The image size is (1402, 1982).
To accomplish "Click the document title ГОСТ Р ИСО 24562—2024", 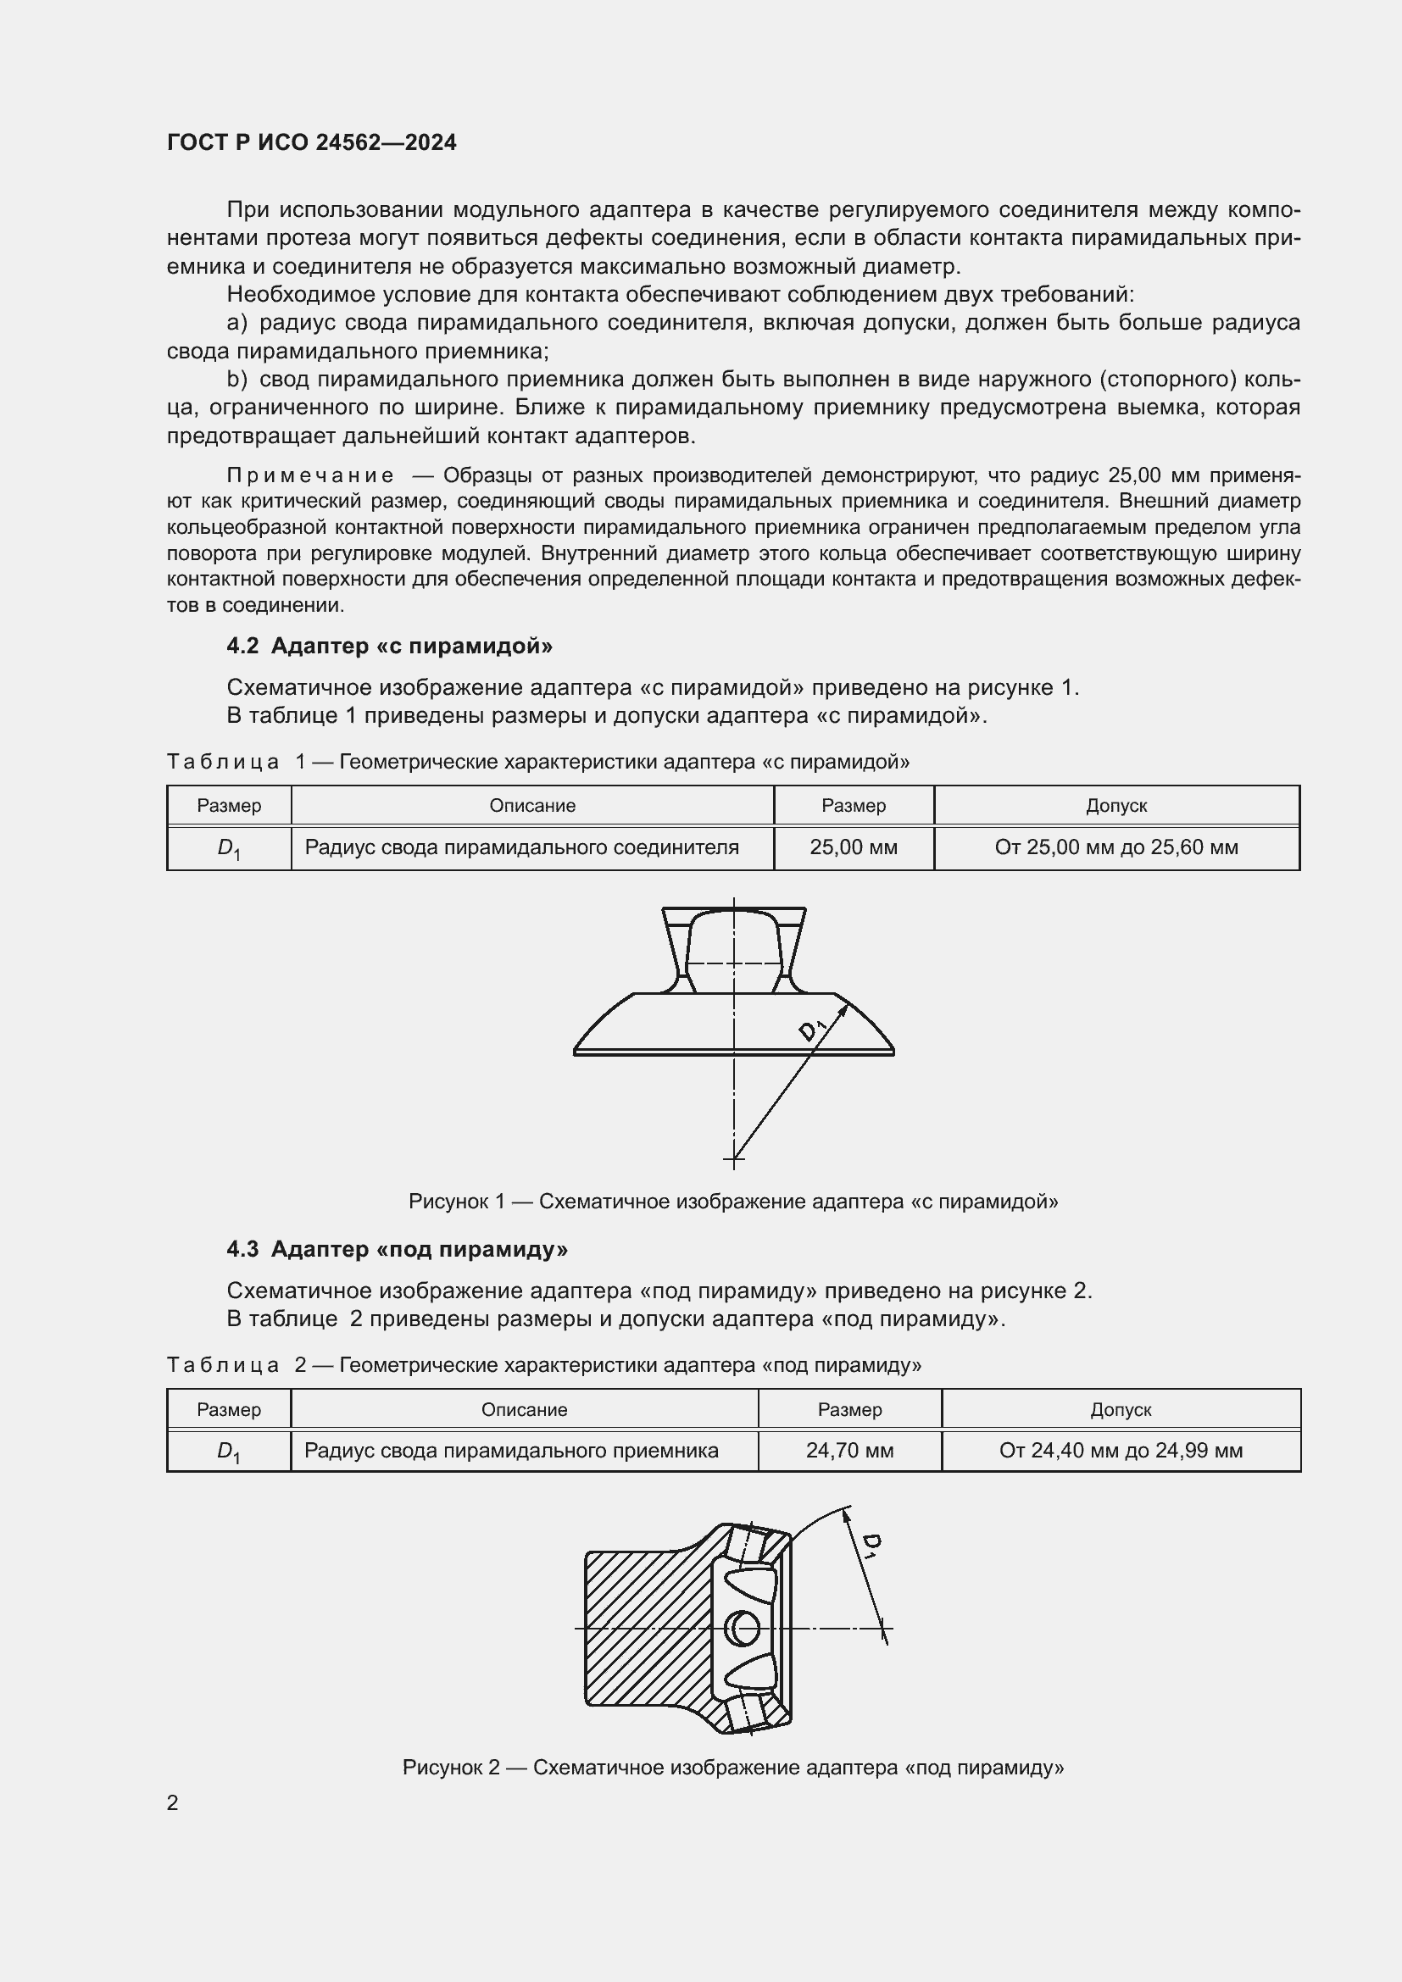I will click(x=312, y=142).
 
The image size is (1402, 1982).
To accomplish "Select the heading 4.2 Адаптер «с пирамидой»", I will click(x=389, y=646).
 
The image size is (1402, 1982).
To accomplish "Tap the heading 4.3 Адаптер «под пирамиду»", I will click(x=397, y=1249).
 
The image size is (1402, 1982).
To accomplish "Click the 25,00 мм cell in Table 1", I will click(x=853, y=847).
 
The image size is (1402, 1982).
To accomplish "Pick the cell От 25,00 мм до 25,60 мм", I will click(x=1116, y=847).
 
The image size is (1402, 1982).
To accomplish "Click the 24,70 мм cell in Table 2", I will click(x=849, y=1451).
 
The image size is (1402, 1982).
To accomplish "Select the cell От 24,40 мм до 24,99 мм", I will click(x=1121, y=1451).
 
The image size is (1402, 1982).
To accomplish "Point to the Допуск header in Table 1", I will click(x=1116, y=805).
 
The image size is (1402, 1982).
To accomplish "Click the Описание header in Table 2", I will click(x=524, y=1410).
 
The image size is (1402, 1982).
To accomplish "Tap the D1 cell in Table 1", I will click(x=229, y=848).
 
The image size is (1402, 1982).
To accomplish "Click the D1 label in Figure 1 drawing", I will click(x=812, y=1029).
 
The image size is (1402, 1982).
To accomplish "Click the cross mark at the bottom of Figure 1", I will click(x=734, y=1158).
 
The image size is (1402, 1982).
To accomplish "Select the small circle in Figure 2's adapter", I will click(x=744, y=1629).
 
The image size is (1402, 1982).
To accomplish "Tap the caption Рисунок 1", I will click(x=733, y=1202).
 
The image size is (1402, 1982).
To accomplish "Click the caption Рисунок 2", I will click(x=733, y=1767).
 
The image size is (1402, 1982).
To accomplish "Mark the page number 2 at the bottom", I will click(x=173, y=1802).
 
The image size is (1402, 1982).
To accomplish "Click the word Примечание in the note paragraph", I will click(x=311, y=475).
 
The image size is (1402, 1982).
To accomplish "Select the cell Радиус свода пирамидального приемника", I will click(x=511, y=1451).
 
